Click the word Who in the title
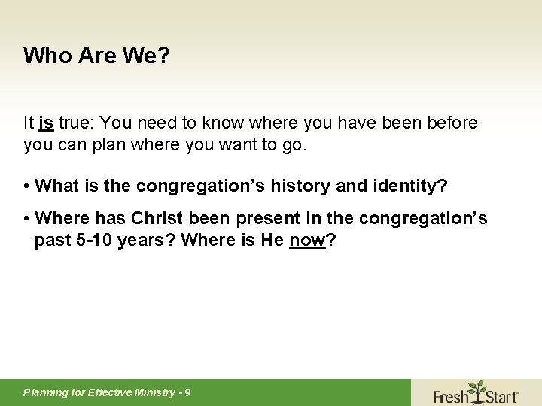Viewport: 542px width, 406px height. click(x=43, y=56)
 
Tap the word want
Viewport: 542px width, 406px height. click(x=237, y=144)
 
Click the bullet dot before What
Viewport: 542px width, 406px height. click(x=27, y=186)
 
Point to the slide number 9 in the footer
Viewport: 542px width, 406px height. click(x=187, y=392)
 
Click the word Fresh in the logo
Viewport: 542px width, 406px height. click(x=451, y=395)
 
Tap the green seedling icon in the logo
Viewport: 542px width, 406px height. click(x=477, y=389)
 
